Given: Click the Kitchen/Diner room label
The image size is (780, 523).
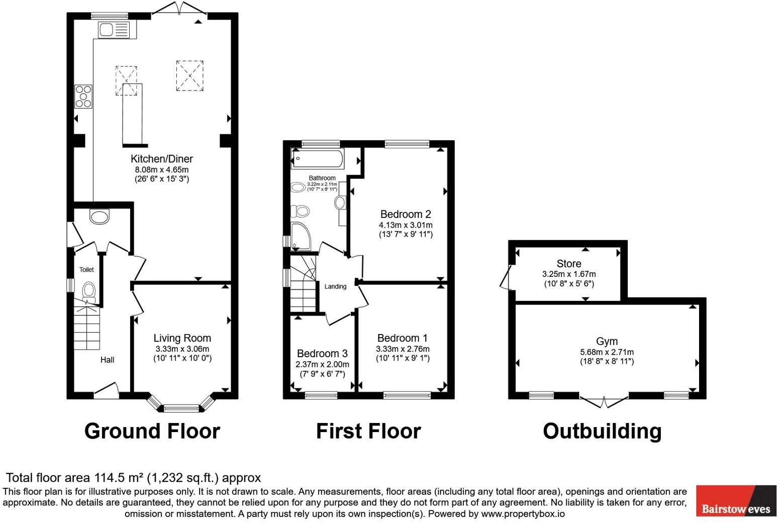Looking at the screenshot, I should (x=161, y=159).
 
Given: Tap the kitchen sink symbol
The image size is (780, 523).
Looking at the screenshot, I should (x=114, y=30).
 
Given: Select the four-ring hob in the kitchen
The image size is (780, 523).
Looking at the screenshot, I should (x=83, y=96).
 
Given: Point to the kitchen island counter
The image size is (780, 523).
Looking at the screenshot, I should (x=132, y=115).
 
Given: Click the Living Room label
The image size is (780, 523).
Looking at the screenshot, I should (x=182, y=338).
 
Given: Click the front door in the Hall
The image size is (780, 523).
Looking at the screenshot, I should (x=107, y=391).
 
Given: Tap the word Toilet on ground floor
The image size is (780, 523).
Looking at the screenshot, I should (x=86, y=270).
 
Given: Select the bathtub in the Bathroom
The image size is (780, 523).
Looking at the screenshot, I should (x=318, y=159).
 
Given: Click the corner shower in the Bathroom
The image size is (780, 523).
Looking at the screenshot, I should (x=300, y=237).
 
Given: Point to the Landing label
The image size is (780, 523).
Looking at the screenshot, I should (x=335, y=286).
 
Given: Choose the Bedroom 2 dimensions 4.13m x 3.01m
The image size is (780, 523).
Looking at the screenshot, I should (x=405, y=225).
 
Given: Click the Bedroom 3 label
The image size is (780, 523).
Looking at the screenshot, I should (x=322, y=354).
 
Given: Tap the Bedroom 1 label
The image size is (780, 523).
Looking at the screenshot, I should (x=402, y=338).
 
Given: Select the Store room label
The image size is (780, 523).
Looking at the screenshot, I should (x=568, y=264).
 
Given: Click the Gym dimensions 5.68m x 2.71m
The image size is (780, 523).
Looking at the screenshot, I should (x=607, y=352).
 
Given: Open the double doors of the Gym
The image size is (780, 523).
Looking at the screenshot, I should (x=604, y=401).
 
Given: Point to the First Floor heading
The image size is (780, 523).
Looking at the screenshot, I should (x=368, y=431).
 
